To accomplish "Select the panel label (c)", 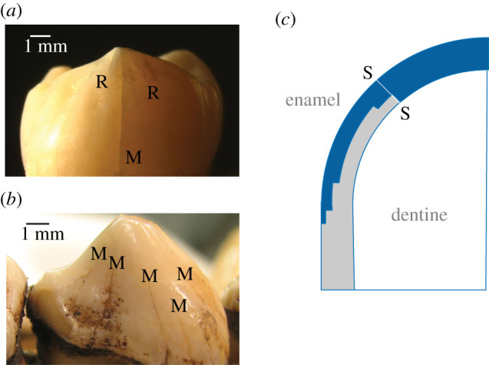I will pos(286,19).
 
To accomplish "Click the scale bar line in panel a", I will pos(41,35).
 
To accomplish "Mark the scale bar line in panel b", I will pos(37,223).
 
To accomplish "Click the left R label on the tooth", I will pos(101,81).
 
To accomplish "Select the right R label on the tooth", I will pos(153,93).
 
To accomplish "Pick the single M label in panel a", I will pos(134,158).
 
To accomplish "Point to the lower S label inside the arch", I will pos(405,113).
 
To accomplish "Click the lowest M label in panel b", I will pos(180,306).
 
